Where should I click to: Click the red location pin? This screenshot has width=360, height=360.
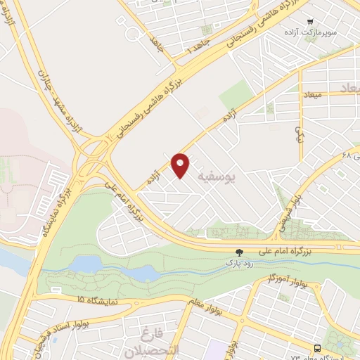coord(181,165)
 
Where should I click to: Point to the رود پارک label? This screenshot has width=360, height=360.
coord(238,262)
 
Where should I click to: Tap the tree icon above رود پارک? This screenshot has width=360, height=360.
coord(240,252)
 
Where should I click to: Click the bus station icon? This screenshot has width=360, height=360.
coord(319,348)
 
